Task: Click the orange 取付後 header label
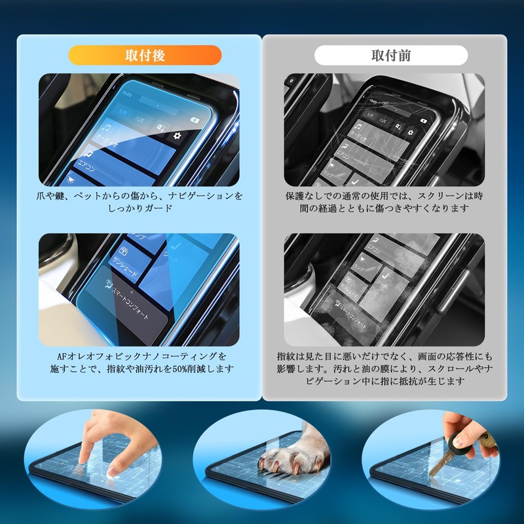pyautogui.click(x=145, y=55)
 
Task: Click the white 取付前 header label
pyautogui.click(x=391, y=55)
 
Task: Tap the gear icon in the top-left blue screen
pyautogui.click(x=177, y=136)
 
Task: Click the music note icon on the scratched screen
pyautogui.click(x=359, y=125)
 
